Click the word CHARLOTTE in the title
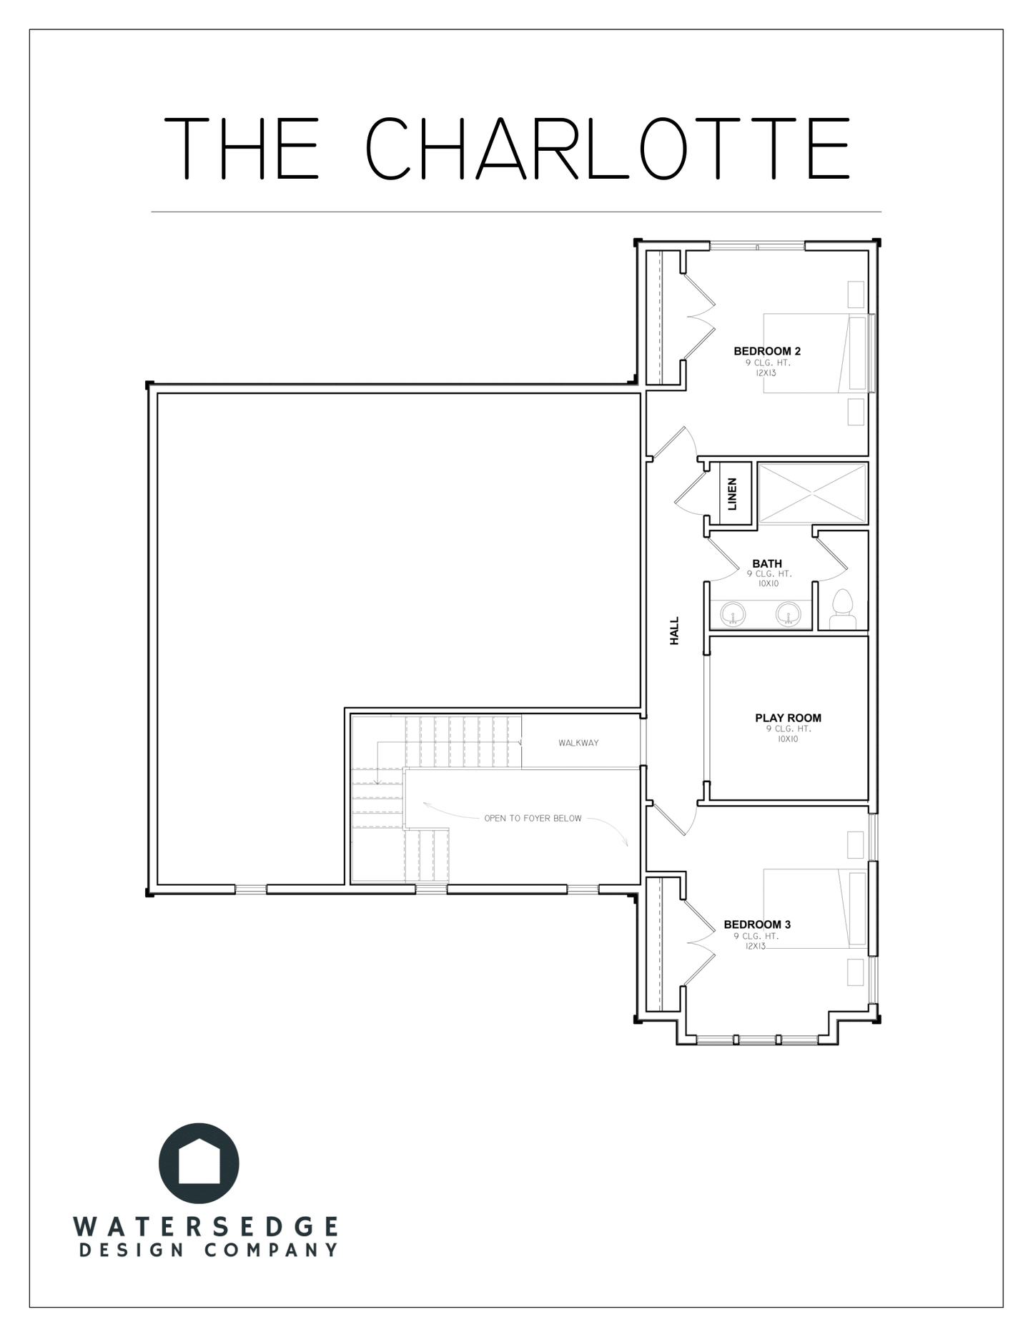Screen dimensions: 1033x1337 tap(608, 149)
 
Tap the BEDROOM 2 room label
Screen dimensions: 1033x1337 tap(767, 351)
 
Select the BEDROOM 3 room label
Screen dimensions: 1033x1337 tap(757, 924)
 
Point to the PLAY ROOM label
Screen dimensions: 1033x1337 tap(789, 718)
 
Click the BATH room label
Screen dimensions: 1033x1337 tap(767, 563)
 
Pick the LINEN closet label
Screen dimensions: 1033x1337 tap(732, 494)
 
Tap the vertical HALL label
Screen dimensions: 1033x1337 tap(674, 631)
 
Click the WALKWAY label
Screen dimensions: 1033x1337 tap(578, 743)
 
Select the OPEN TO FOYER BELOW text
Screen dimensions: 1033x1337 tap(533, 818)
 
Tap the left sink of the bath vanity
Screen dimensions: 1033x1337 tap(733, 613)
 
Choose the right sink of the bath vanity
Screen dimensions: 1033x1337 tap(789, 613)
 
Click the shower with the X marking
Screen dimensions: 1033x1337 tap(812, 493)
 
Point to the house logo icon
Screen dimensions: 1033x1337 tap(199, 1163)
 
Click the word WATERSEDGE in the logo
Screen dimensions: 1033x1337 tap(205, 1227)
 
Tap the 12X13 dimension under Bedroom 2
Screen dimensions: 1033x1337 tap(766, 373)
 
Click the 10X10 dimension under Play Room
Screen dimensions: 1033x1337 tap(787, 739)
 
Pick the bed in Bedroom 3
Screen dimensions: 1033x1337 tap(816, 909)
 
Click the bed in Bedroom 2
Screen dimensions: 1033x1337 tap(816, 353)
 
